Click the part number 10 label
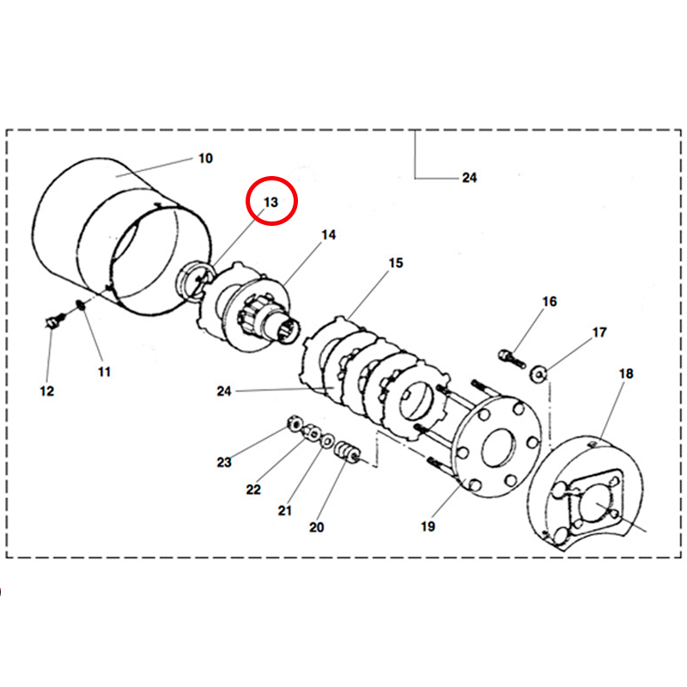205,159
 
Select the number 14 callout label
330,234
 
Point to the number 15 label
395,263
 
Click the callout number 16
550,301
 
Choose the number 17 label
599,332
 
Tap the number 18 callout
625,374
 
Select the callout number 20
317,527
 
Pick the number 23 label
224,462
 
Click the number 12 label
46,391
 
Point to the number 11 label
103,372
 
